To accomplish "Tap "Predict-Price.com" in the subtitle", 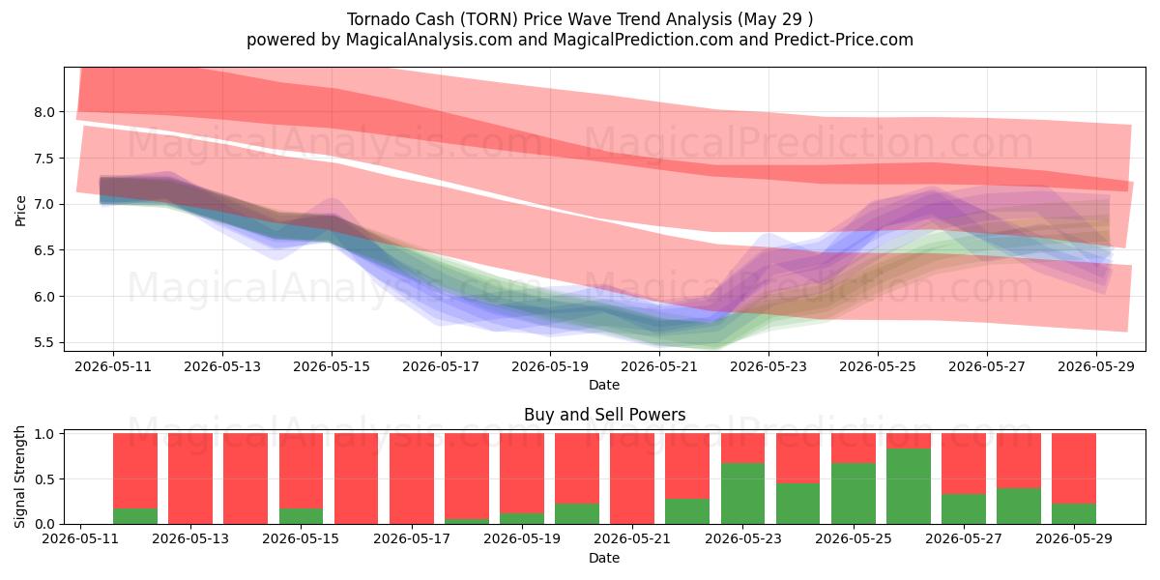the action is [844, 40].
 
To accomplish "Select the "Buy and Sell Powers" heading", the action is [604, 415].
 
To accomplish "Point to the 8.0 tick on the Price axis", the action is [44, 112].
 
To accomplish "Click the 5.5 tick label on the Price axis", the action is [44, 343].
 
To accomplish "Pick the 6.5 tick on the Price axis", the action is [44, 250].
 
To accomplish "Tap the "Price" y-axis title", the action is [20, 211].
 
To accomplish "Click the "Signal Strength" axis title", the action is [19, 477].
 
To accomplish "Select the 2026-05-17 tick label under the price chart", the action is [441, 366].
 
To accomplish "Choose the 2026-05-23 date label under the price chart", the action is [768, 366].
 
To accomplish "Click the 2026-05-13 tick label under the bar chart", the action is [190, 538].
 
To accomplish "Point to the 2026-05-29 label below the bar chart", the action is [1074, 538].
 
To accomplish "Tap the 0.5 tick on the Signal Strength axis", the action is [44, 479].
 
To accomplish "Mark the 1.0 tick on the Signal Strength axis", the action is [44, 434].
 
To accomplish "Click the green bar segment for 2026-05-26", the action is [909, 486].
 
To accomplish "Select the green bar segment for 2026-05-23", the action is [742, 494].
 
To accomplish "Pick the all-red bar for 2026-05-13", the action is [190, 478].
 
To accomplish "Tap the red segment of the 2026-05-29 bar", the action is [1074, 469].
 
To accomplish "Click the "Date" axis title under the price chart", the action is [604, 385].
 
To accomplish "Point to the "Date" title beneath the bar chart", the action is [604, 558].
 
